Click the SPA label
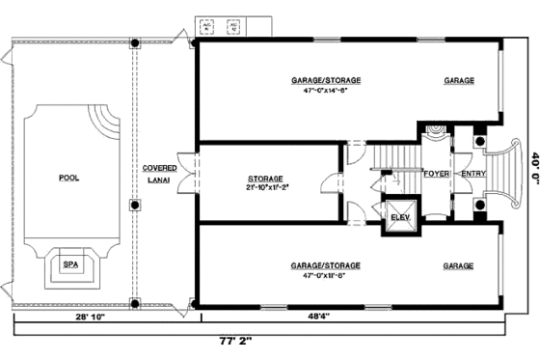(70, 263)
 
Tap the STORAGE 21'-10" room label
(264, 182)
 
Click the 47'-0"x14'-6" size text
(327, 92)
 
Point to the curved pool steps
(106, 124)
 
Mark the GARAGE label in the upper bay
(459, 81)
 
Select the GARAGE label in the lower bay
(459, 264)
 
